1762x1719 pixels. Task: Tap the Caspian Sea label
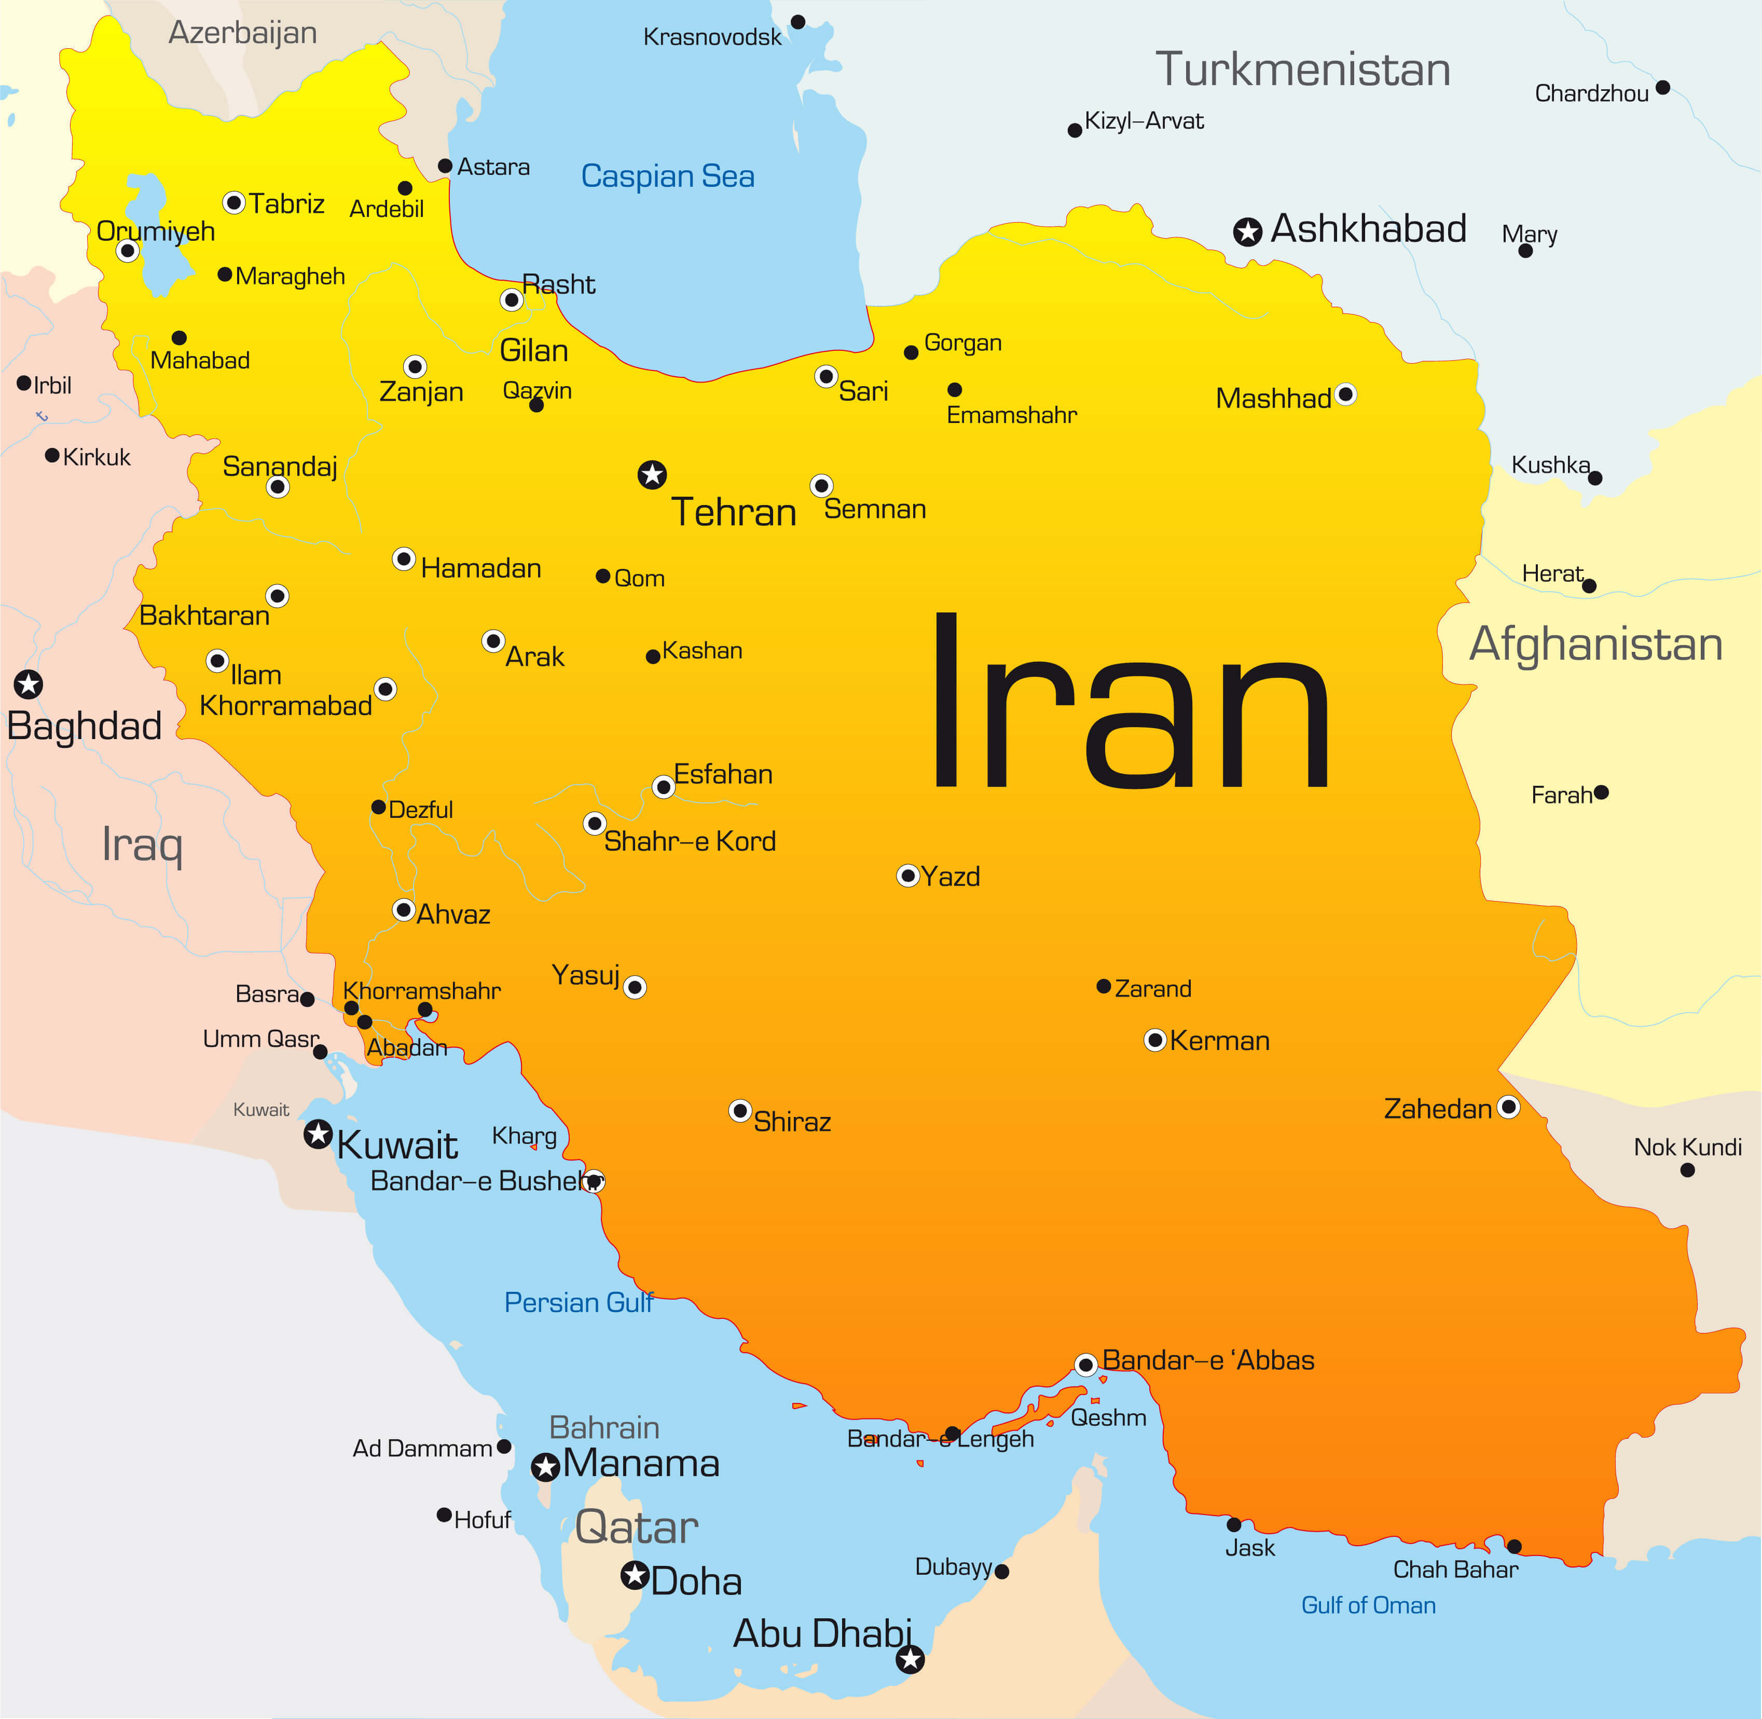pyautogui.click(x=667, y=176)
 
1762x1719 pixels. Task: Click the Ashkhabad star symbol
pyautogui.click(x=1247, y=232)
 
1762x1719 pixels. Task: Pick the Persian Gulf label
pyautogui.click(x=577, y=1302)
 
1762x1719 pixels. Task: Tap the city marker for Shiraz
pyautogui.click(x=740, y=1111)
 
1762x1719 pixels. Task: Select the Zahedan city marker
pyautogui.click(x=1508, y=1107)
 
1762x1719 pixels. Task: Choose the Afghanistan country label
pyautogui.click(x=1596, y=644)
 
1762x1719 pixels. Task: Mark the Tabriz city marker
pyautogui.click(x=234, y=202)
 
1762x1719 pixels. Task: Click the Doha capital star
pyautogui.click(x=636, y=1575)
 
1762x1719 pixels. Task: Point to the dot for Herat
pyautogui.click(x=1590, y=586)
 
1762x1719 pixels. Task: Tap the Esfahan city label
pyautogui.click(x=723, y=774)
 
